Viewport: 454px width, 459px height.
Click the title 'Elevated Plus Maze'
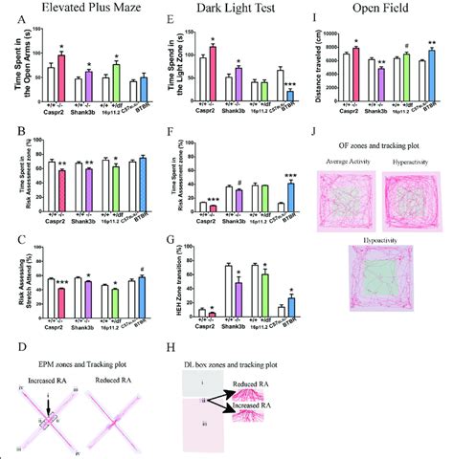click(x=79, y=12)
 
